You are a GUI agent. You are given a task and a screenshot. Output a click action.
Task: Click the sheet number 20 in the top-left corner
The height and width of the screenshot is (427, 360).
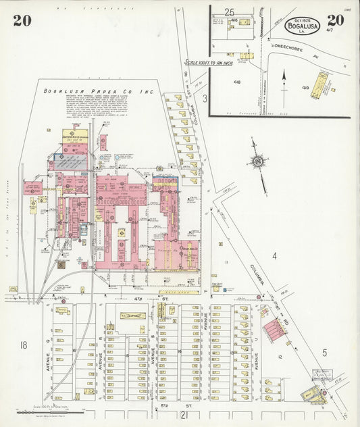pyautogui.click(x=22, y=20)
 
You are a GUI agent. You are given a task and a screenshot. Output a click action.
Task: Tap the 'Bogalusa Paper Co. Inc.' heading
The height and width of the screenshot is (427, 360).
pyautogui.click(x=99, y=91)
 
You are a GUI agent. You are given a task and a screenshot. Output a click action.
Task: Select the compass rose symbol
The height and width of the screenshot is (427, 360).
pyautogui.click(x=257, y=162)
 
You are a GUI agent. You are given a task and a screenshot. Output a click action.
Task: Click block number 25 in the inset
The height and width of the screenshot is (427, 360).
pyautogui.click(x=230, y=12)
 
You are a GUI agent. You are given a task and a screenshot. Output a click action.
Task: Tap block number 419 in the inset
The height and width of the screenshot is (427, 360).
pyautogui.click(x=305, y=87)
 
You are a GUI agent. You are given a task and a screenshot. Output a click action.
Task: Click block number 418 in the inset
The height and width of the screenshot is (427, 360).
pyautogui.click(x=236, y=82)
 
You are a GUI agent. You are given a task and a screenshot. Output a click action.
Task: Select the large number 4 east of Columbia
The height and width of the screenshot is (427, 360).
pyautogui.click(x=274, y=255)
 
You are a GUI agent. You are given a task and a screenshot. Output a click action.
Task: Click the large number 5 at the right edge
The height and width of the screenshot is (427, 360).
pyautogui.click(x=324, y=352)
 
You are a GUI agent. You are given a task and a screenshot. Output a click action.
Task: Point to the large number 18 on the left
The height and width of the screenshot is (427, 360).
pyautogui.click(x=24, y=345)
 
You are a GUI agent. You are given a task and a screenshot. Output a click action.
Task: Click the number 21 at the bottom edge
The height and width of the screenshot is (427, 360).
pyautogui.click(x=185, y=415)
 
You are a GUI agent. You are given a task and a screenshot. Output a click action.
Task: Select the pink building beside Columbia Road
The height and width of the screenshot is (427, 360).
pyautogui.click(x=274, y=330)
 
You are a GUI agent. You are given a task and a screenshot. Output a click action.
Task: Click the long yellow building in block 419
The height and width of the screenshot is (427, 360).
pyautogui.click(x=319, y=84)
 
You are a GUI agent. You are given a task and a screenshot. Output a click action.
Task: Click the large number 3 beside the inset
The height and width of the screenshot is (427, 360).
pyautogui.click(x=205, y=98)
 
